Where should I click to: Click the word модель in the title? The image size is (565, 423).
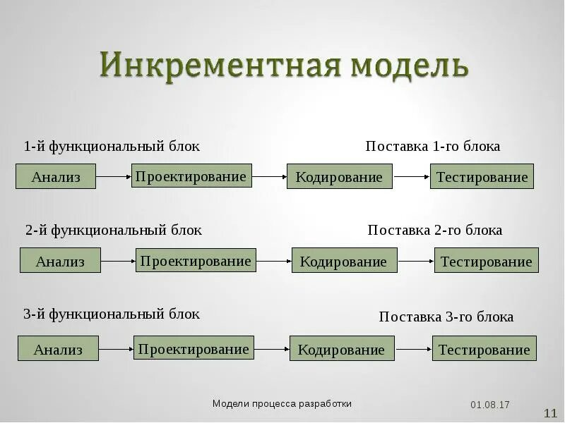[408, 66]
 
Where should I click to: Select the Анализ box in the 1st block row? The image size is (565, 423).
[56, 176]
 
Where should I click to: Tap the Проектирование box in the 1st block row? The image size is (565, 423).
[191, 176]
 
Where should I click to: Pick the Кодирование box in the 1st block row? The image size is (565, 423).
[339, 176]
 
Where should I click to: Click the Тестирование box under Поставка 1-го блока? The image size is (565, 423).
[482, 176]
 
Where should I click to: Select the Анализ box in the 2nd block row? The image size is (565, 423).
[60, 261]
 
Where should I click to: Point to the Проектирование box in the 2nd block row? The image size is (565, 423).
[196, 260]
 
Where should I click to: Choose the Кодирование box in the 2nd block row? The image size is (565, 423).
[344, 261]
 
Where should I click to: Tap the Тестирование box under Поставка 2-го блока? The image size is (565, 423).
[486, 261]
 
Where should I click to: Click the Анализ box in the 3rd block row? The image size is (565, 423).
[58, 349]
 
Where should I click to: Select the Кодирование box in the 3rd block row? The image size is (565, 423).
[342, 349]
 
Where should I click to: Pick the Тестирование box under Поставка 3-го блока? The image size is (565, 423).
[484, 349]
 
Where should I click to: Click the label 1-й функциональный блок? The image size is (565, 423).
[112, 147]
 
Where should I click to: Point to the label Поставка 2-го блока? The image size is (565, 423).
[435, 231]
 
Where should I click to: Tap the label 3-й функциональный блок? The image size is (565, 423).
[112, 314]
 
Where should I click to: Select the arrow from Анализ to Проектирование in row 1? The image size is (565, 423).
[113, 176]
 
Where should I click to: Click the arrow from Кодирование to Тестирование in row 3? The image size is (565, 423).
[413, 349]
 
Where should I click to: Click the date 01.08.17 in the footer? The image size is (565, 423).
[490, 405]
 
